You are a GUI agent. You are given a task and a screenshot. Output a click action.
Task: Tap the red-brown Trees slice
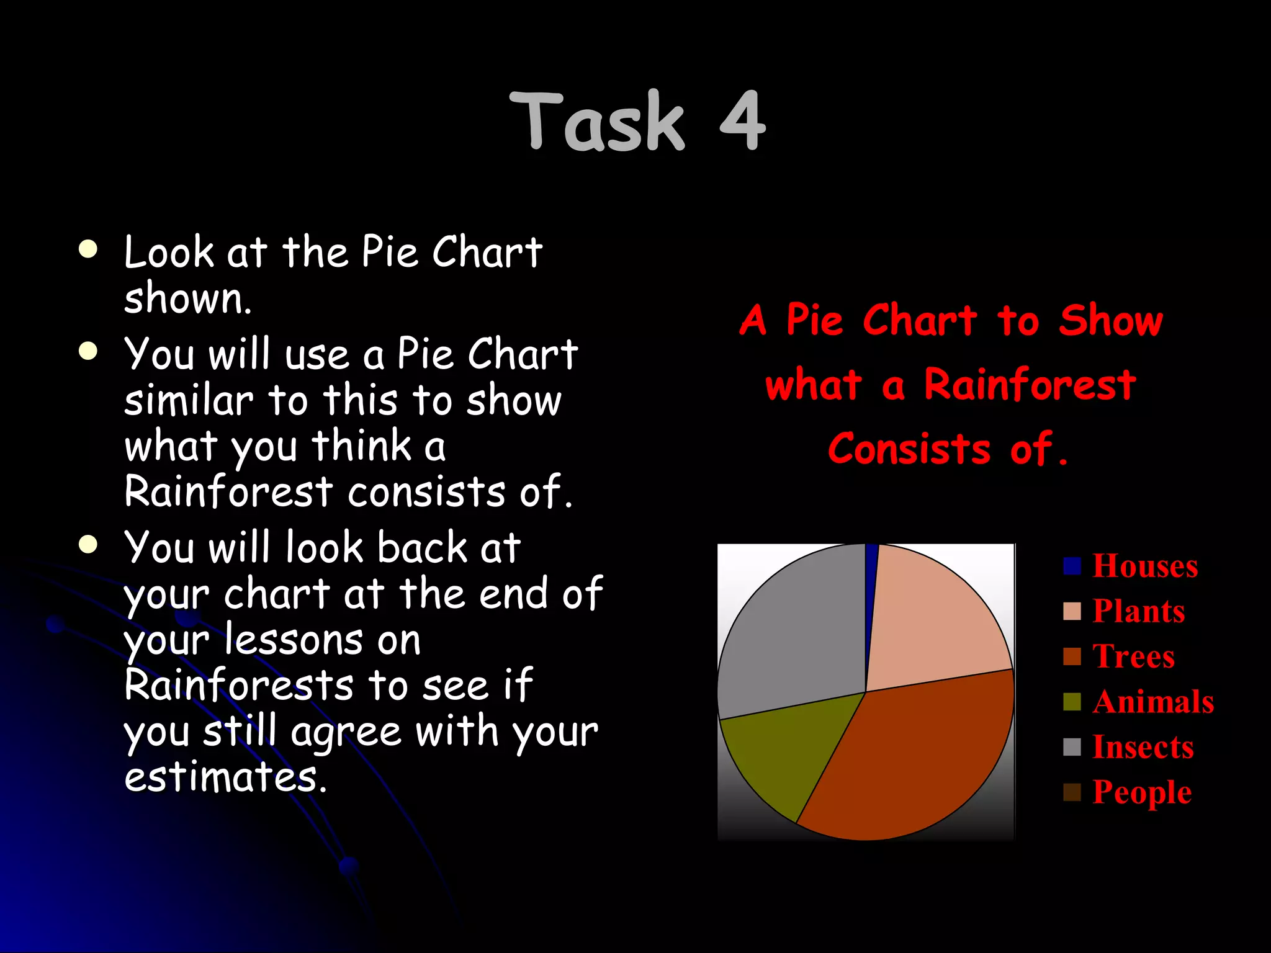(x=918, y=757)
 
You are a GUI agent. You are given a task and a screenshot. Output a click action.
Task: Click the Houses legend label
(x=1145, y=566)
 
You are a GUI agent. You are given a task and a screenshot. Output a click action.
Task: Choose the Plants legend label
(x=1139, y=611)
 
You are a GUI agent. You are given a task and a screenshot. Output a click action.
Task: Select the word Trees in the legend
(x=1134, y=656)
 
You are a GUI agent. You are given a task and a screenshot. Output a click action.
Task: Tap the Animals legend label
(x=1153, y=702)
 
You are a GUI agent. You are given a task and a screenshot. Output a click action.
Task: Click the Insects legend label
(x=1143, y=747)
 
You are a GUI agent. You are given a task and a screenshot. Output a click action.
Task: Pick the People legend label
(x=1142, y=792)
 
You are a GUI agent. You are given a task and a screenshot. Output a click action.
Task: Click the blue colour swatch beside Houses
(x=1072, y=566)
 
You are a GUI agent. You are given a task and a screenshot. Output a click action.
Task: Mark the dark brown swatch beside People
(x=1072, y=792)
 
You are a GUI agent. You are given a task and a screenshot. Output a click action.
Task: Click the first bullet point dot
(x=89, y=249)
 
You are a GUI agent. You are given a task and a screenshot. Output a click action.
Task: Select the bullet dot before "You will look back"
(x=89, y=545)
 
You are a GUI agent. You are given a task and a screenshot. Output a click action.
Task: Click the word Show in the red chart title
(x=1111, y=321)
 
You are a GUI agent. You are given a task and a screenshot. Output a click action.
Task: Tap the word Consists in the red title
(x=909, y=449)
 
